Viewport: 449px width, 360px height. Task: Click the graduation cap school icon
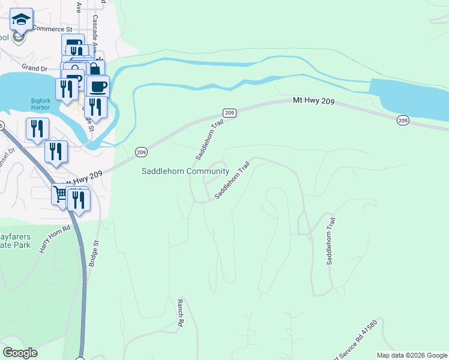tap(22, 20)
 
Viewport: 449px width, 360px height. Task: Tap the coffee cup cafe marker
tap(98, 85)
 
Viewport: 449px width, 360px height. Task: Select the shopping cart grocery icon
tap(60, 194)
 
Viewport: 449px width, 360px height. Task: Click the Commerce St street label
tap(52, 28)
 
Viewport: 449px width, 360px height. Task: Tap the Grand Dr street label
tap(34, 68)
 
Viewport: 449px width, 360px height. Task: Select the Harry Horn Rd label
tap(55, 238)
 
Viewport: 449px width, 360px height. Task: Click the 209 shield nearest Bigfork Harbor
tap(141, 152)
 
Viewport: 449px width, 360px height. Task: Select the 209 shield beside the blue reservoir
tap(403, 121)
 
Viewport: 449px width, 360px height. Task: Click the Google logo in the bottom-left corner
tap(20, 353)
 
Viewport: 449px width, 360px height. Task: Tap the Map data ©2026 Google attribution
tap(412, 355)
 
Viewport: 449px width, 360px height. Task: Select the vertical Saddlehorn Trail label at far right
tap(330, 241)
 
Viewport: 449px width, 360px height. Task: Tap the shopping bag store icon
tap(94, 68)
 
